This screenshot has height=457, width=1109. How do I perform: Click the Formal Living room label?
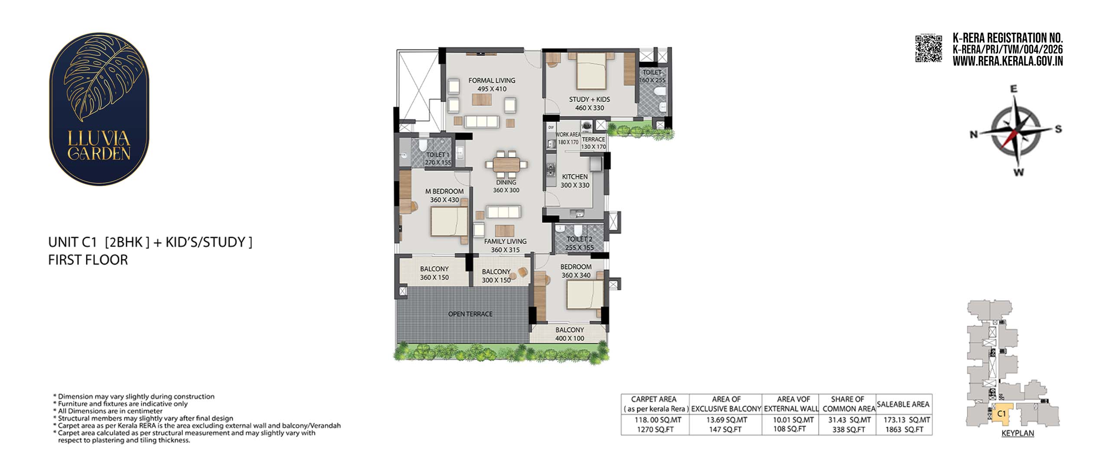pos(492,84)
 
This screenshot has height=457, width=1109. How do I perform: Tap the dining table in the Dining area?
pos(506,165)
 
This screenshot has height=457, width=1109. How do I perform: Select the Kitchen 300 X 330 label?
pos(575,181)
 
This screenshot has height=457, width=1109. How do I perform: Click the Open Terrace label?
pos(470,314)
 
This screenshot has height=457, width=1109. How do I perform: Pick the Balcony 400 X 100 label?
pos(570,334)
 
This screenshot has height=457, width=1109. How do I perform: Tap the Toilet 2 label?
pos(579,243)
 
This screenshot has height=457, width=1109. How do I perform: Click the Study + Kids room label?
pos(589,104)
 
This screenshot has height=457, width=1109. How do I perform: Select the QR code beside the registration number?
pos(928,49)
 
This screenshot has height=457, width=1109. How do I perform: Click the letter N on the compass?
pos(974,134)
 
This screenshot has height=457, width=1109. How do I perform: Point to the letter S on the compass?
pos(1058,129)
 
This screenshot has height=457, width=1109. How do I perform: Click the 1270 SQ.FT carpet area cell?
pos(654,429)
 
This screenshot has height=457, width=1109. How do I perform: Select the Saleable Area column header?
pos(903,404)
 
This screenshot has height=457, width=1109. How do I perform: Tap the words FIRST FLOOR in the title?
pos(88,260)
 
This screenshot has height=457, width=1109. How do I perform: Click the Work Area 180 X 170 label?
pos(567,138)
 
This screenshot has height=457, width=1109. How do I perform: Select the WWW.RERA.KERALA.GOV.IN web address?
pos(1008,61)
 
